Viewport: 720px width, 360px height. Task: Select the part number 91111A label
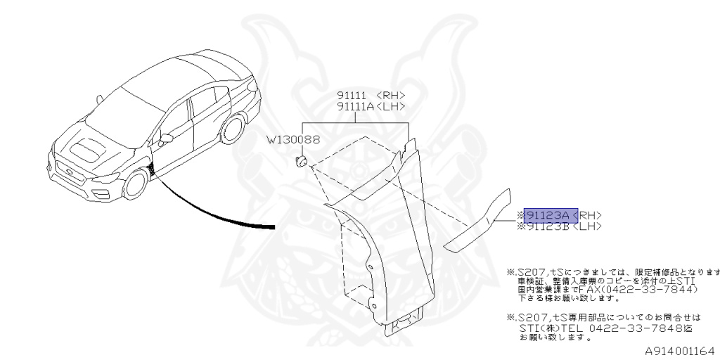(354, 106)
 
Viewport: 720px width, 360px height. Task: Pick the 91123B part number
(547, 226)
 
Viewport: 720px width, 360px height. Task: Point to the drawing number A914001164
(679, 349)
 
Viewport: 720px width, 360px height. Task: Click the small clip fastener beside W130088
(302, 164)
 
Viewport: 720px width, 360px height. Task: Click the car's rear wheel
(233, 129)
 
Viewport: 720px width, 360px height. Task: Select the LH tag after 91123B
(589, 226)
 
